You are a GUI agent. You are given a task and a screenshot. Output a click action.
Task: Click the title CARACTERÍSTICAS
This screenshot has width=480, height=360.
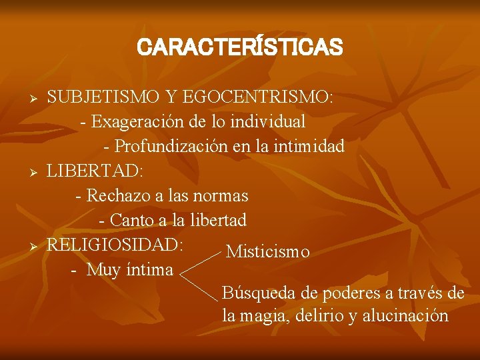239,47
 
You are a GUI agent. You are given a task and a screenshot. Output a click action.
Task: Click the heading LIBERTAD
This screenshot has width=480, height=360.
94,171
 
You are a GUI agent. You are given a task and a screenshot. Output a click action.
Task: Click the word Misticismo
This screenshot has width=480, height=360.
268,251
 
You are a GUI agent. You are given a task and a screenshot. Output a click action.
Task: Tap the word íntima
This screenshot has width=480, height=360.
148,269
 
